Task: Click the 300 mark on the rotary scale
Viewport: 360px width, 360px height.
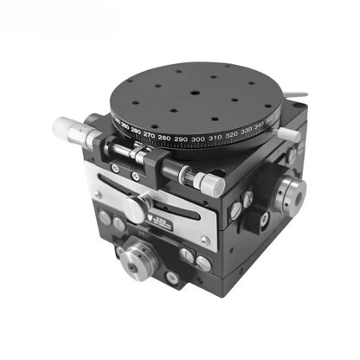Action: pyautogui.click(x=198, y=139)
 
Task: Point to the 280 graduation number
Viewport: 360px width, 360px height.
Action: pyautogui.click(x=164, y=138)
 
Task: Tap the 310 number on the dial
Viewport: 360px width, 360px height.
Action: pyautogui.click(x=215, y=138)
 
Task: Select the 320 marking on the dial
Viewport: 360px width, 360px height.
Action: pyautogui.click(x=231, y=135)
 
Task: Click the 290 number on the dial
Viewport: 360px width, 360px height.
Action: pyautogui.click(x=181, y=139)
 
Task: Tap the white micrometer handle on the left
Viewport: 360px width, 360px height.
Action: pyautogui.click(x=67, y=127)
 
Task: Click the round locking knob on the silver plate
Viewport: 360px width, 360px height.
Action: pyautogui.click(x=136, y=209)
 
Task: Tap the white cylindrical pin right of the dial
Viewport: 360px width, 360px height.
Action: pyautogui.click(x=288, y=134)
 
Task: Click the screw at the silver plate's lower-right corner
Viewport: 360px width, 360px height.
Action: pyautogui.click(x=204, y=241)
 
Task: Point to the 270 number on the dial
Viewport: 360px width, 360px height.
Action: pyautogui.click(x=149, y=136)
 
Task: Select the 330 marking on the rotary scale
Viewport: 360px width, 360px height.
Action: pyautogui.click(x=247, y=131)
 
